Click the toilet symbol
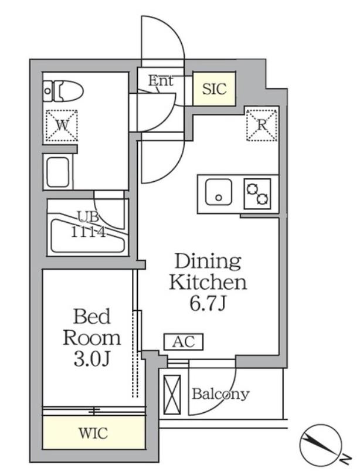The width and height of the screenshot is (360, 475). coord(63,90)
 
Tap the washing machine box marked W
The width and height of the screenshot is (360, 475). coord(62,125)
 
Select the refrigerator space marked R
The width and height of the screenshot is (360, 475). coord(261,125)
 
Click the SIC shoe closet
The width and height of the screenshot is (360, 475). coord(214,89)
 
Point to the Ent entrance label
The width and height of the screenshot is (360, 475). coord(161,80)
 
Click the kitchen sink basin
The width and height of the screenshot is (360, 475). coord(219,192)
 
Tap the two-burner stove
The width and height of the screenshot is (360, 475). coord(257,194)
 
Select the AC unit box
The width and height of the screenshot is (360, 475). coord(184,342)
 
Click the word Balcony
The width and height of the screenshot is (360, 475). coord(220,394)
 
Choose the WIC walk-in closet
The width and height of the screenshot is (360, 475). coord(93,433)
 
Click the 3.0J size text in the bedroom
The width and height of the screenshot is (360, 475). coord(91,359)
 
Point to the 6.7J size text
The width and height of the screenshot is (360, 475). coord(208,303)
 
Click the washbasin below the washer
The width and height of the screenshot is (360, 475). coord(58,172)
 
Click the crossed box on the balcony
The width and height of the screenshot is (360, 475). coord(172,395)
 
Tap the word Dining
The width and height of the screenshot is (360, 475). coord(208,261)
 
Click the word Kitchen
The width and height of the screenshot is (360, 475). coord(208,282)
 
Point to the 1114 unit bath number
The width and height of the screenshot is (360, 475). coord(88,232)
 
